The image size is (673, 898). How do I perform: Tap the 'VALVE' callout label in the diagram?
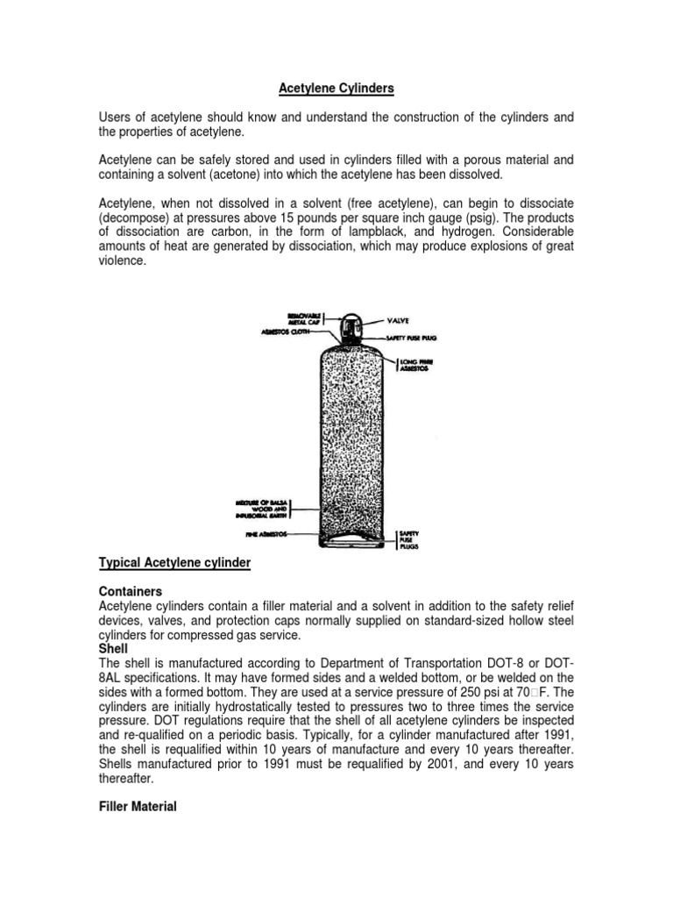[x=398, y=322]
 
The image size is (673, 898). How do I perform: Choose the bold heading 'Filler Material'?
[x=137, y=806]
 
